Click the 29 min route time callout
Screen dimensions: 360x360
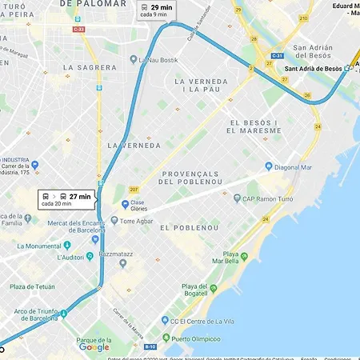[157, 10]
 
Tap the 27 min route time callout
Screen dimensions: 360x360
[67, 199]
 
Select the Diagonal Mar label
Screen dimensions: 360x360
[298, 167]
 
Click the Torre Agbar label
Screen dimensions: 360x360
[136, 221]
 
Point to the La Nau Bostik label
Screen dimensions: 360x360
[159, 60]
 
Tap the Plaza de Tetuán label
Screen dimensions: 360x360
[32, 286]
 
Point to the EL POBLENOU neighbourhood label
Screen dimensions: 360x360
[190, 228]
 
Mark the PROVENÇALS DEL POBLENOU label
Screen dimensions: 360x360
[201, 178]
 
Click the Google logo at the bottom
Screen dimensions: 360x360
[94, 347]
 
